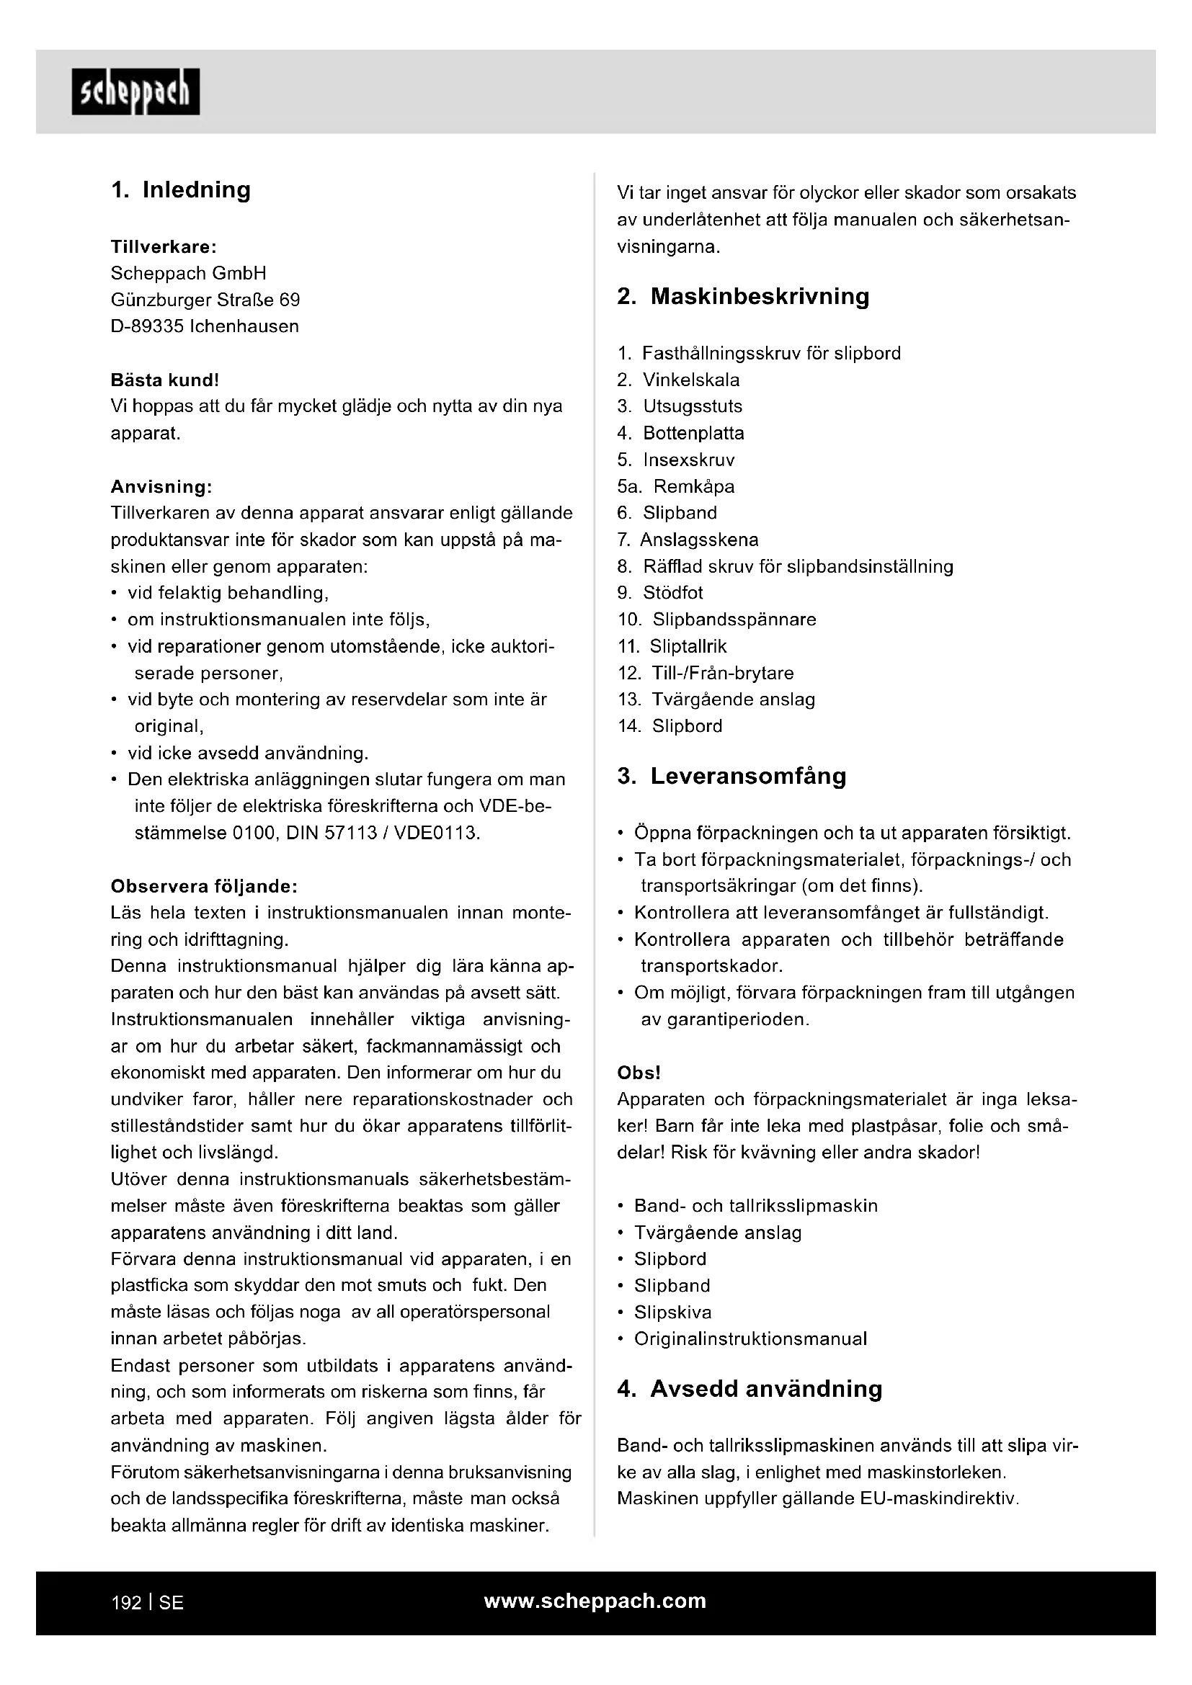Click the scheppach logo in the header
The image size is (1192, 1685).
pyautogui.click(x=135, y=91)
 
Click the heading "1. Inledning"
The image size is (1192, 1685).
pyautogui.click(x=181, y=190)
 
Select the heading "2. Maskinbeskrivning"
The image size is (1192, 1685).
pyautogui.click(x=743, y=297)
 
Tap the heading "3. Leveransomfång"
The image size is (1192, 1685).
pyautogui.click(x=731, y=777)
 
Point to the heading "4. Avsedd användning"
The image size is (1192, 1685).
pyautogui.click(x=750, y=1389)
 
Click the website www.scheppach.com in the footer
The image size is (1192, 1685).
pyautogui.click(x=595, y=1601)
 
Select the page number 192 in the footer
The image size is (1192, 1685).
pyautogui.click(x=126, y=1603)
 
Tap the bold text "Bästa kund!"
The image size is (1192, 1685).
pyautogui.click(x=164, y=380)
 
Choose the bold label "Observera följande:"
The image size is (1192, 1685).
pyautogui.click(x=204, y=887)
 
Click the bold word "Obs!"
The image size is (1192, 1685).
pyautogui.click(x=639, y=1073)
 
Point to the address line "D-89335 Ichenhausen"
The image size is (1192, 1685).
pyautogui.click(x=205, y=326)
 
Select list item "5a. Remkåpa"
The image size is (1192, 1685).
pyautogui.click(x=675, y=486)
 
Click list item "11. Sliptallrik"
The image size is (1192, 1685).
pyautogui.click(x=672, y=646)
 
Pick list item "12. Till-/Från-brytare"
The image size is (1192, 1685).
pyautogui.click(x=706, y=673)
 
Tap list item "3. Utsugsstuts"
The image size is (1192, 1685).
pyautogui.click(x=680, y=406)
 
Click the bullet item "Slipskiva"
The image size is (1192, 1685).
pyautogui.click(x=672, y=1312)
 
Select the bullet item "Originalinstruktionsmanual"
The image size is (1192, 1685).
pyautogui.click(x=750, y=1338)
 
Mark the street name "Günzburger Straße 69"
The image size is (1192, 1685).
pyautogui.click(x=205, y=300)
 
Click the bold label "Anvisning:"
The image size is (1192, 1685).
pyautogui.click(x=161, y=486)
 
